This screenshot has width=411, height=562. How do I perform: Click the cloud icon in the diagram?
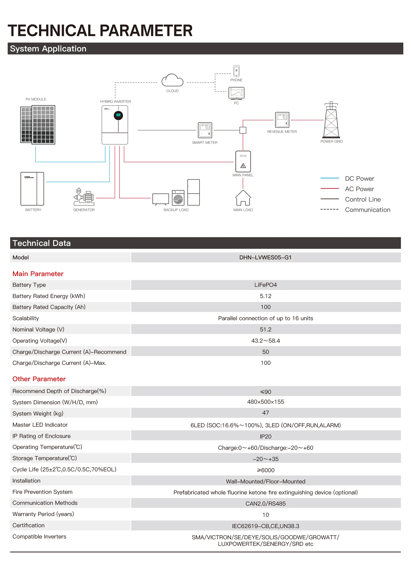(172, 80)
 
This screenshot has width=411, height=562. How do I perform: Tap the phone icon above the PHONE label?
(236, 71)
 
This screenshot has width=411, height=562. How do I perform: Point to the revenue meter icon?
(282, 120)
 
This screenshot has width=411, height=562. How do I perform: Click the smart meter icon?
(205, 130)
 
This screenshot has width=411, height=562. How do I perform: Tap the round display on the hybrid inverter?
(118, 115)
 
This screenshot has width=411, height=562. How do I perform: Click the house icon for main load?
(243, 197)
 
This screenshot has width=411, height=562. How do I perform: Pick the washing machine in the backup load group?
(178, 198)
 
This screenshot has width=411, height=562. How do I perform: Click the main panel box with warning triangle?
(243, 161)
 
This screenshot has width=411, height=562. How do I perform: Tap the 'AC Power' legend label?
(359, 189)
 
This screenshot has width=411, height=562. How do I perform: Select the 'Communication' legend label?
(368, 210)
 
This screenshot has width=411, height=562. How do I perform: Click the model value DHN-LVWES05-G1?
(266, 257)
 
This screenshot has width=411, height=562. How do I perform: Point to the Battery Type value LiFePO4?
(266, 285)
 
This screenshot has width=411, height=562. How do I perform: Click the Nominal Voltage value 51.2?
(266, 329)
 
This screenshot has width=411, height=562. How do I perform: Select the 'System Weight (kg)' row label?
(38, 414)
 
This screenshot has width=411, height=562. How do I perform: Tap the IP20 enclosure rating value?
(266, 437)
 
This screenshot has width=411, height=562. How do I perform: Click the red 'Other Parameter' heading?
(39, 379)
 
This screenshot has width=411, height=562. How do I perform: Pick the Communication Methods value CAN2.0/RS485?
(266, 504)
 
